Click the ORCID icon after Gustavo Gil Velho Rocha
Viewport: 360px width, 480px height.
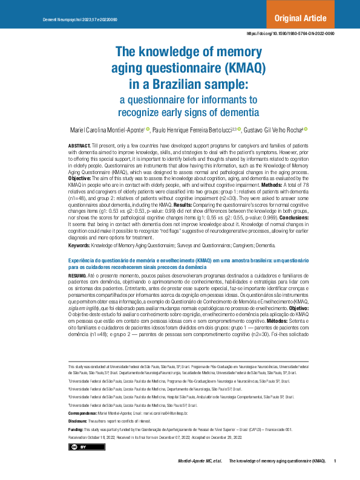(306, 129)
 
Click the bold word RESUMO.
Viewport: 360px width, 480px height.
(77, 274)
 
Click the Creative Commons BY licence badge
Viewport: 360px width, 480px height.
(79, 447)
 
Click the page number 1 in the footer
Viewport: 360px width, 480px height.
(335, 461)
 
